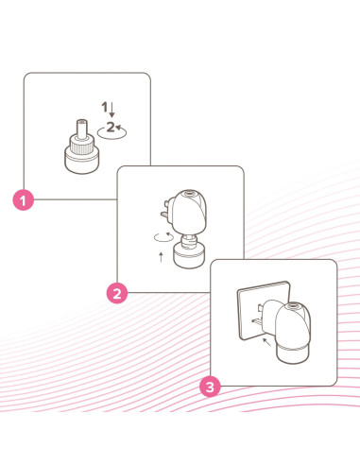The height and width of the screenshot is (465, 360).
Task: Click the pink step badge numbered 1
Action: [x=23, y=199]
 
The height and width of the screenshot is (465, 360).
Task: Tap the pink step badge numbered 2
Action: [x=117, y=293]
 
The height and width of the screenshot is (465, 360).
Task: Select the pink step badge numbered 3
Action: [x=210, y=387]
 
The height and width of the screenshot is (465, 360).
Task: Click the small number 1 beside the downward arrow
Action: [x=104, y=107]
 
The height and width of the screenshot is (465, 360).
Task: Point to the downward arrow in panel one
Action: [x=111, y=111]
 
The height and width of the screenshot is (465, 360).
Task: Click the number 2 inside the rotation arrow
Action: [x=111, y=127]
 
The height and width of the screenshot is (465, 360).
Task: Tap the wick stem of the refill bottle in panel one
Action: [x=82, y=129]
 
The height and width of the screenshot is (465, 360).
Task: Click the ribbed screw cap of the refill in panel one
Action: [x=82, y=145]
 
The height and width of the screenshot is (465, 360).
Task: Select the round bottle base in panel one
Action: [x=82, y=163]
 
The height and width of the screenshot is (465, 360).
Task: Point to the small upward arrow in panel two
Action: [x=162, y=257]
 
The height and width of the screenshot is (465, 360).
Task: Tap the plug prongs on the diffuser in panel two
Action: [x=166, y=210]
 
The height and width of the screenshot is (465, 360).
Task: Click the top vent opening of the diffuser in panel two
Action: [x=189, y=193]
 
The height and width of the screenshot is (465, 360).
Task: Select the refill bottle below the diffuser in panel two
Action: [x=189, y=252]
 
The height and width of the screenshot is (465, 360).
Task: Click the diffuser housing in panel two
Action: [x=188, y=211]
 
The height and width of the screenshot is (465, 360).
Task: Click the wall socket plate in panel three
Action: [x=264, y=310]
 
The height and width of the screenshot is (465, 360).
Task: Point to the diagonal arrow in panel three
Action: [x=266, y=342]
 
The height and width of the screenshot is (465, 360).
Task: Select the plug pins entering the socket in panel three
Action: [x=257, y=316]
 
